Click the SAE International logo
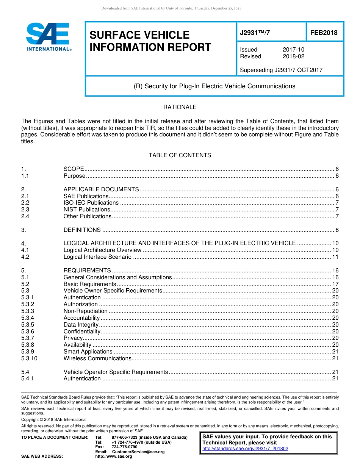pyautogui.click(x=49, y=37)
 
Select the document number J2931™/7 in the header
pyautogui.click(x=255, y=33)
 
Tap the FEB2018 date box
pyautogui.click(x=324, y=33)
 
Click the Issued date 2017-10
pyautogui.click(x=293, y=50)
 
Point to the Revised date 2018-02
pyautogui.click(x=293, y=56)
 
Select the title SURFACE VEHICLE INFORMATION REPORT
pyautogui.click(x=150, y=41)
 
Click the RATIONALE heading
pyautogui.click(x=180, y=107)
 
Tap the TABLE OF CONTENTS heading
pyautogui.click(x=180, y=155)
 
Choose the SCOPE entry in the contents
pyautogui.click(x=74, y=169)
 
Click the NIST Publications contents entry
pyautogui.click(x=86, y=210)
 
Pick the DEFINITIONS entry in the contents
pyautogui.click(x=82, y=230)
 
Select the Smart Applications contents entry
pyautogui.click(x=88, y=352)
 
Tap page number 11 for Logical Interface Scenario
pyautogui.click(x=335, y=257)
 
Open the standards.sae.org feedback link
pyautogui.click(x=245, y=449)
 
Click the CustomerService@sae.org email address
pyautogui.click(x=138, y=452)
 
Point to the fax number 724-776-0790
pyautogui.click(x=124, y=447)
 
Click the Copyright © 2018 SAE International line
pyautogui.click(x=54, y=419)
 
